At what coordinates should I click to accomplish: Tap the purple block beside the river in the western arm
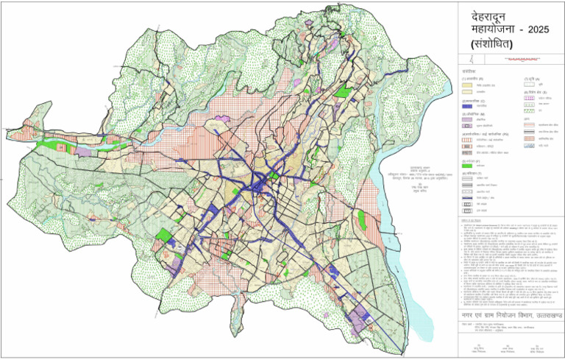pyautogui.click(x=83, y=151)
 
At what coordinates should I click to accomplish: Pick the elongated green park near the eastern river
pyautogui.click(x=344, y=93)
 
